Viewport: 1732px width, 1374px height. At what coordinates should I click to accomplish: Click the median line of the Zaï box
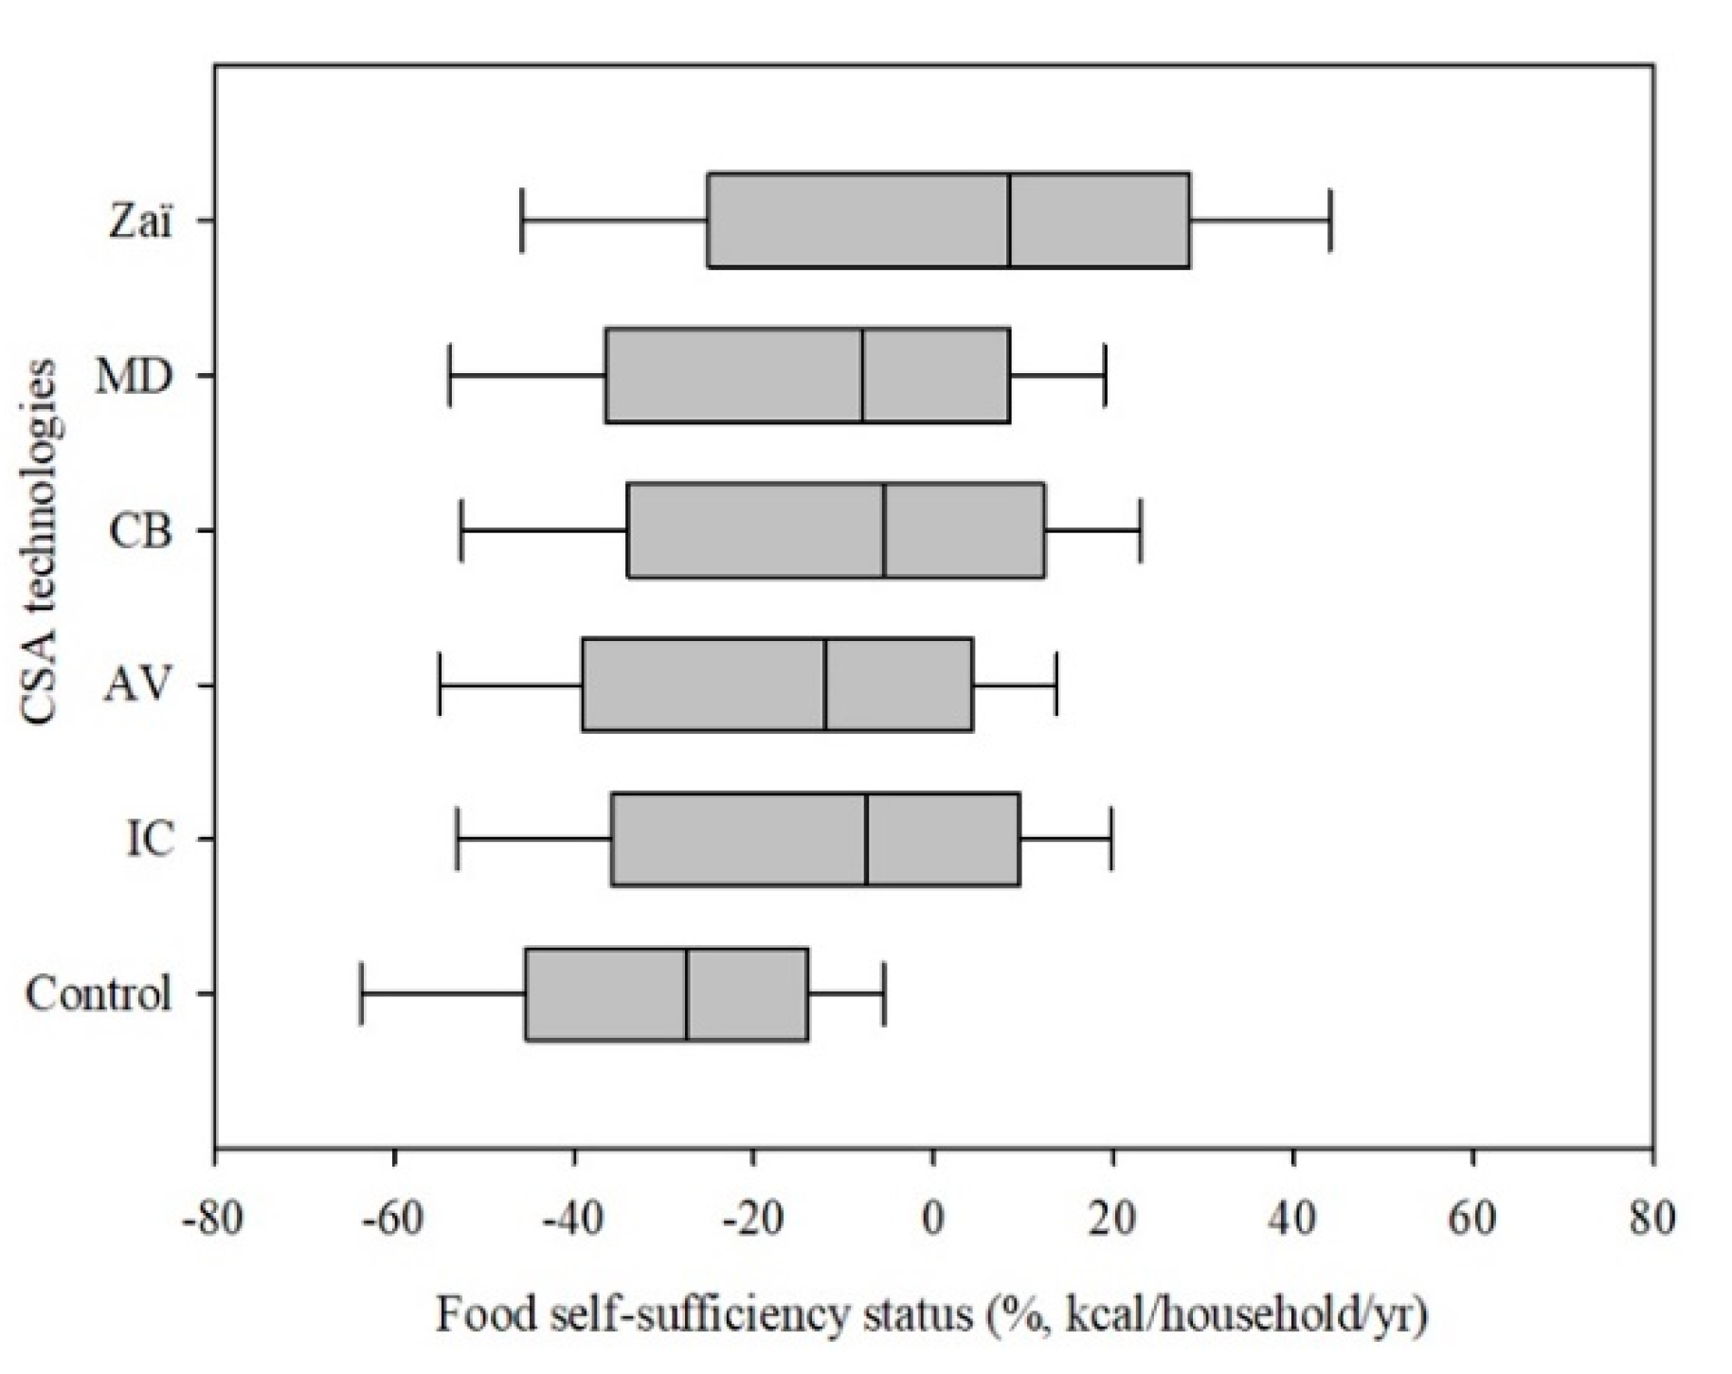click(x=1009, y=221)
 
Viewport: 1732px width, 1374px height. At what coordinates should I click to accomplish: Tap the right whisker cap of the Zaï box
click(x=1330, y=221)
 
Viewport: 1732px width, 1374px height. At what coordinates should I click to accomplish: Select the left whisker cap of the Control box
click(x=361, y=993)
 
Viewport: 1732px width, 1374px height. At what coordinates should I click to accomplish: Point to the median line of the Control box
click(x=687, y=993)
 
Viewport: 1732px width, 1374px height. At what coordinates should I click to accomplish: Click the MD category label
click(x=135, y=377)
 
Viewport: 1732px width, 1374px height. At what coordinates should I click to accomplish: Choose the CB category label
click(x=140, y=531)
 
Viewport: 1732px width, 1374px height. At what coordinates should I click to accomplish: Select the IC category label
click(x=151, y=839)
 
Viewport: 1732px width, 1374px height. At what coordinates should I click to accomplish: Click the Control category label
click(x=99, y=994)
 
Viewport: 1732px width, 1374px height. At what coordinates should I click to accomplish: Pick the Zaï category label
click(x=141, y=222)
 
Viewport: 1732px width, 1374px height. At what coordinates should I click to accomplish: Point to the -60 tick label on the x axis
click(x=393, y=1219)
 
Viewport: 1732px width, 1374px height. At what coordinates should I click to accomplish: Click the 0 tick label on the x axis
click(x=933, y=1219)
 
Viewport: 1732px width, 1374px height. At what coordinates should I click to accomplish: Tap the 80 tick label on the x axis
click(x=1652, y=1219)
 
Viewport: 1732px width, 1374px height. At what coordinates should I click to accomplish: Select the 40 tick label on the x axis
click(x=1293, y=1219)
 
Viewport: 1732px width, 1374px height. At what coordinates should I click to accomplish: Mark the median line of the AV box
click(x=825, y=685)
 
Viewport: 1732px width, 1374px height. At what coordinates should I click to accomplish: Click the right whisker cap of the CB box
click(x=1141, y=530)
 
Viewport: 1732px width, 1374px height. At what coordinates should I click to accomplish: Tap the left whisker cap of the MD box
click(x=449, y=376)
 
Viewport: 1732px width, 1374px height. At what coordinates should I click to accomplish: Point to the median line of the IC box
click(x=866, y=839)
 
